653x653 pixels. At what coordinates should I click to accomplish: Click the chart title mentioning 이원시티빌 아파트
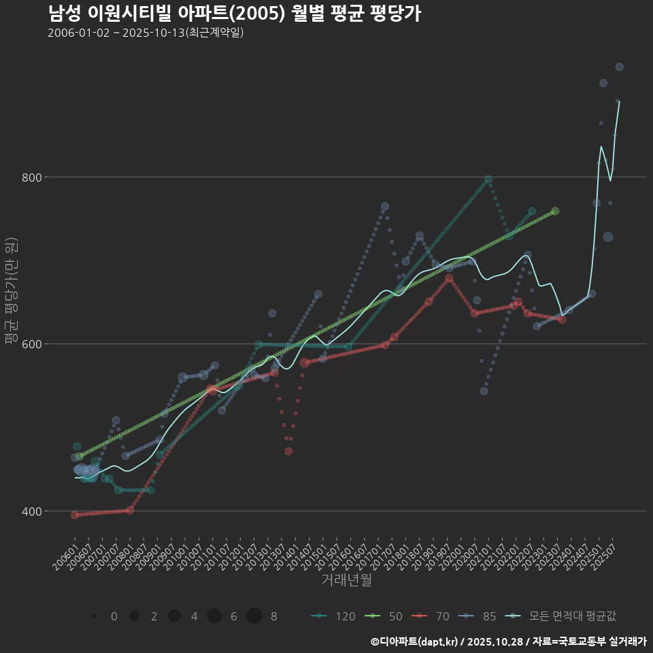234,14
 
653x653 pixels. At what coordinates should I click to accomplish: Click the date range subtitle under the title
146,33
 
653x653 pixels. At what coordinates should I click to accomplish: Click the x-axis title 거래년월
346,580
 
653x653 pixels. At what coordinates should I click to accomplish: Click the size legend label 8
273,616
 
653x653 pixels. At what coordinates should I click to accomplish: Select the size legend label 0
114,616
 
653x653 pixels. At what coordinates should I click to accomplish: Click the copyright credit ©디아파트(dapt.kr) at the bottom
416,641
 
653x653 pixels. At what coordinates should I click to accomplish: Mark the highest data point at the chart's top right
619,67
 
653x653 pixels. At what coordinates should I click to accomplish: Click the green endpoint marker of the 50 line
555,212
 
